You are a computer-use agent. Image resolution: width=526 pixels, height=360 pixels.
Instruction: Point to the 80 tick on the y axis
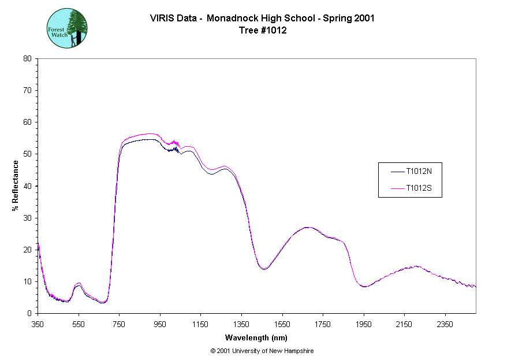coord(27,58)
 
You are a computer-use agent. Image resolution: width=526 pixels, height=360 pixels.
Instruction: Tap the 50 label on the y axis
coord(27,154)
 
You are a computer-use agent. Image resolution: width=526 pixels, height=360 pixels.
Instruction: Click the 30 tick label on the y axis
coord(27,218)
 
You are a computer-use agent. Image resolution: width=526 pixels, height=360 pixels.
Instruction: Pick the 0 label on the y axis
coord(29,313)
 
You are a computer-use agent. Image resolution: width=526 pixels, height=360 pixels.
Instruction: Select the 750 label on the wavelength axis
coord(119,324)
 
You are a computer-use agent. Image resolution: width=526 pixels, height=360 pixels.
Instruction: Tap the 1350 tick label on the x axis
coord(241,324)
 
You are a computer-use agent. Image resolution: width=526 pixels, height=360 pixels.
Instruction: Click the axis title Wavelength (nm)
coord(256,338)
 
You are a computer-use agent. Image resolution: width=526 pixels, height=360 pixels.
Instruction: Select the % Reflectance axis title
coord(16,185)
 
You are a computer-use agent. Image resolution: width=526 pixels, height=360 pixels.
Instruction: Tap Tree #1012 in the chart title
coord(263,30)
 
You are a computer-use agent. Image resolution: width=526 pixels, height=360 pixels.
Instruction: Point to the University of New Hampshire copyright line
coord(262,351)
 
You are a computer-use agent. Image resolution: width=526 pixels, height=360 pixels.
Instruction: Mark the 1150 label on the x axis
coord(200,324)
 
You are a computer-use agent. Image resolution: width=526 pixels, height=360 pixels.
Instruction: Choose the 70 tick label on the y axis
coord(27,90)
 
